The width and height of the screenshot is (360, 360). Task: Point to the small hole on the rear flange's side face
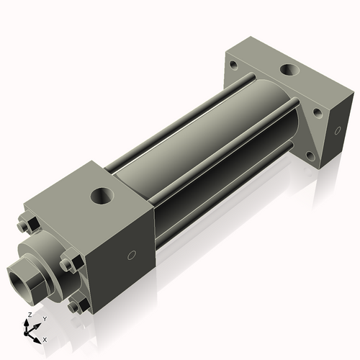(x=338, y=130)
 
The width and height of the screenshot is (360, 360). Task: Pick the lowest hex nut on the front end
(x=74, y=307)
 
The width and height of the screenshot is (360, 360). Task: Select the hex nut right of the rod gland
(x=68, y=263)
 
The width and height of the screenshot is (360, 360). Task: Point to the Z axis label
(x=28, y=315)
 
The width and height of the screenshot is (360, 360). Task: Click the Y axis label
(x=45, y=318)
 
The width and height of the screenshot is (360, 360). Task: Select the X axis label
(x=45, y=338)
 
